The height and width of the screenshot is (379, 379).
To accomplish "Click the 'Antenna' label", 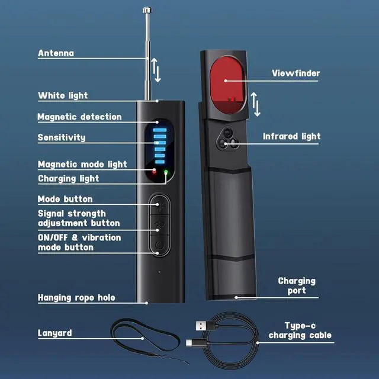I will click(56, 53).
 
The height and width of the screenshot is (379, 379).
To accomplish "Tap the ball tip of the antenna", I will click(146, 9).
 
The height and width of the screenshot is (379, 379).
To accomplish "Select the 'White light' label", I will click(63, 95).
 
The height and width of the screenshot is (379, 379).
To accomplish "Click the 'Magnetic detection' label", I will click(79, 117).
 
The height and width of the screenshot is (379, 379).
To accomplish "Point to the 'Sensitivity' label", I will click(62, 137).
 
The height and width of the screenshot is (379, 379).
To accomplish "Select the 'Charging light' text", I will click(68, 178).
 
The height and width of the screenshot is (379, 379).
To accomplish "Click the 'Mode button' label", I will click(65, 199).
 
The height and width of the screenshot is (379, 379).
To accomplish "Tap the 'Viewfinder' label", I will click(296, 73).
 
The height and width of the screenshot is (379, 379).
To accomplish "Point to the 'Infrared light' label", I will click(291, 136).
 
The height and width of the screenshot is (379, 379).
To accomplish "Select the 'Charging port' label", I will click(297, 285).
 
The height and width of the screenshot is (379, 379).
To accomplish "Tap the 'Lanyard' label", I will click(55, 333).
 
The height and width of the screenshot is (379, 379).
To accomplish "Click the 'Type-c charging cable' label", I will click(300, 330).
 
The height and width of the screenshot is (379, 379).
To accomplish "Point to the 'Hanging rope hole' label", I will click(76, 297).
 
